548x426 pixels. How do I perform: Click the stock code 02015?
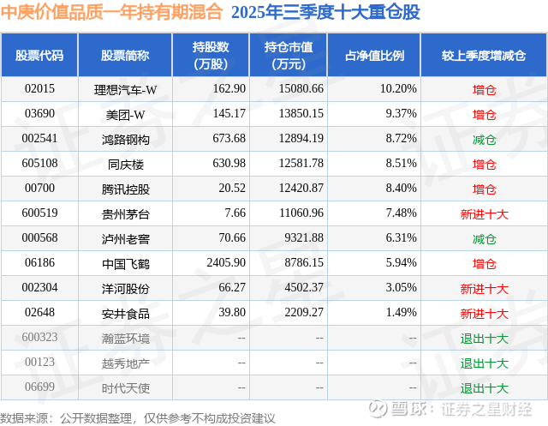[39, 88]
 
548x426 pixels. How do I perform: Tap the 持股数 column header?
[211, 56]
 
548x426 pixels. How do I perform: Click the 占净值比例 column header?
[374, 56]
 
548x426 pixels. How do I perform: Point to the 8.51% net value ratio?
[397, 163]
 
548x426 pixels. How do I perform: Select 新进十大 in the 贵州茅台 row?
[484, 213]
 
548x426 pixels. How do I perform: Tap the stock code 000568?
[39, 238]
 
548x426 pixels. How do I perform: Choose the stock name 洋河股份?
[125, 289]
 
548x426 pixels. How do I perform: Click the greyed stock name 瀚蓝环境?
[125, 339]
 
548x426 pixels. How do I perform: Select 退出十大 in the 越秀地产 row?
[484, 363]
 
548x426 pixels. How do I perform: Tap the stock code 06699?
[39, 388]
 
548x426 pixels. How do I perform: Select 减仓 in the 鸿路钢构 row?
[484, 138]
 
